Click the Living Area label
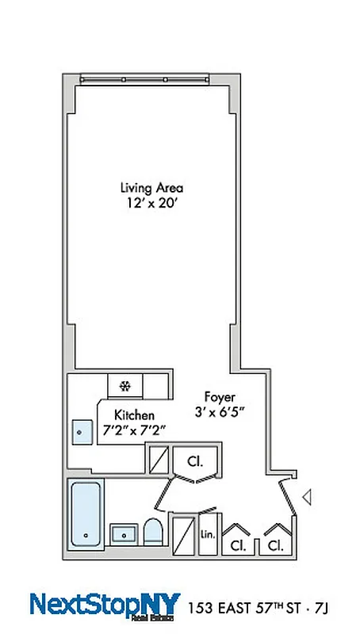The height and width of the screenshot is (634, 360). [151, 189]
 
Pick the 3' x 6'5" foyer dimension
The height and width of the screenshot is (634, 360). [220, 412]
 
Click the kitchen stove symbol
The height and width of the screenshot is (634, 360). [124, 386]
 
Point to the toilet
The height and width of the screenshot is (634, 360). [153, 533]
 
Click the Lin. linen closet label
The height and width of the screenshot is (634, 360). [209, 535]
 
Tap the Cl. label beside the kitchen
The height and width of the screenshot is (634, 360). [193, 460]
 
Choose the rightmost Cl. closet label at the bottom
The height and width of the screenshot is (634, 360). [275, 546]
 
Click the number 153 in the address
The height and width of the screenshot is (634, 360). [201, 608]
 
